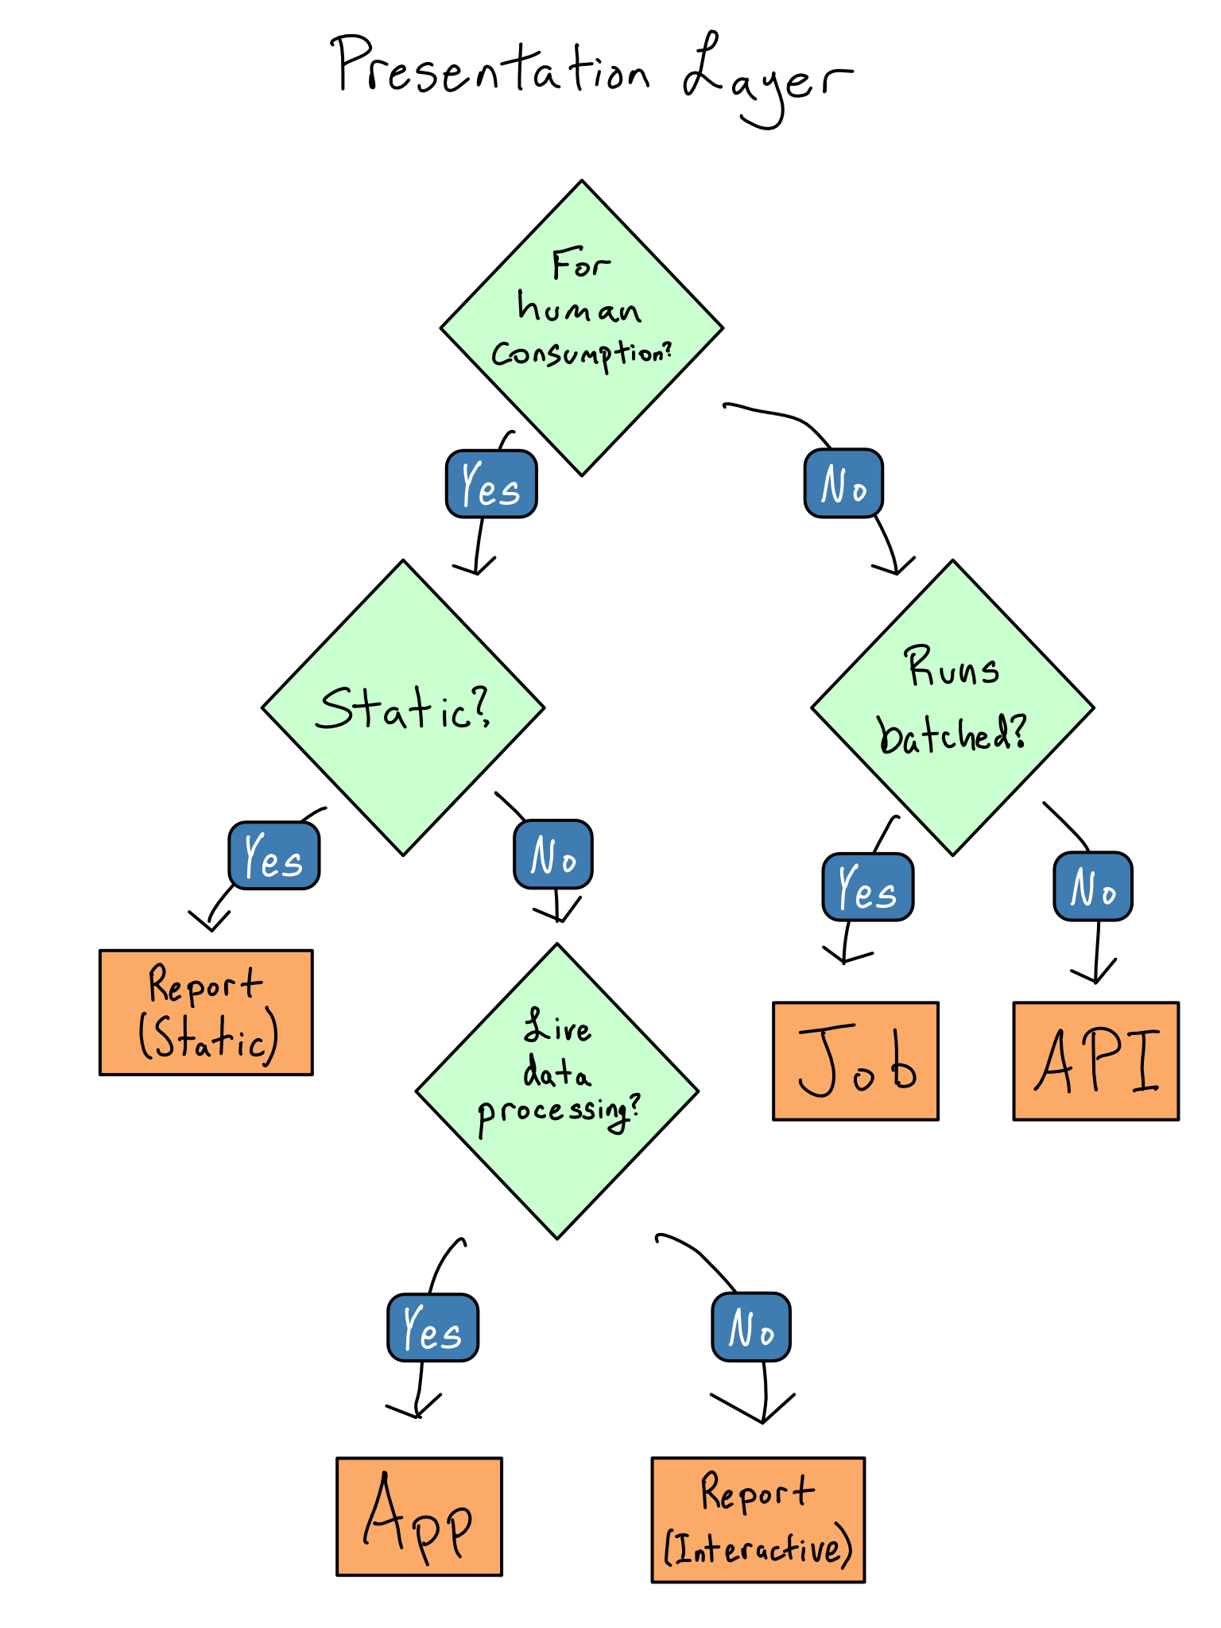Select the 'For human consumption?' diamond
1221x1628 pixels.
[x=582, y=328]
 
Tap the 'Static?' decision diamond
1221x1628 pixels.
[x=403, y=707]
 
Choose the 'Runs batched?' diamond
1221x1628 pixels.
[x=952, y=707]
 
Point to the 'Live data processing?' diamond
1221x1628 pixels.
[x=557, y=1091]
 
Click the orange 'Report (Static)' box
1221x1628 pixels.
[x=207, y=1012]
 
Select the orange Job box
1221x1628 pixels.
[x=855, y=1061]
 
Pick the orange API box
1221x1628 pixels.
[x=1095, y=1061]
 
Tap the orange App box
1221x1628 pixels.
[x=419, y=1516]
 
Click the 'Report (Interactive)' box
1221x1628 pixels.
[x=758, y=1520]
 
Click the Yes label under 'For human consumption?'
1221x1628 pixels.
[x=491, y=484]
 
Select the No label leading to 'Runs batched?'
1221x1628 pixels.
[x=843, y=483]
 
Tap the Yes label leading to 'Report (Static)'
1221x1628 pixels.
[x=274, y=855]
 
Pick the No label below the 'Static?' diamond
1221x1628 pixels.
[x=553, y=855]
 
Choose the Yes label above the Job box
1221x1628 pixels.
[x=868, y=887]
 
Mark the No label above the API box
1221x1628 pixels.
[x=1093, y=886]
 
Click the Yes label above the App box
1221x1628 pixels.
[x=433, y=1328]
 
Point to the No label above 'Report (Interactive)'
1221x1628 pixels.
[x=751, y=1327]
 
